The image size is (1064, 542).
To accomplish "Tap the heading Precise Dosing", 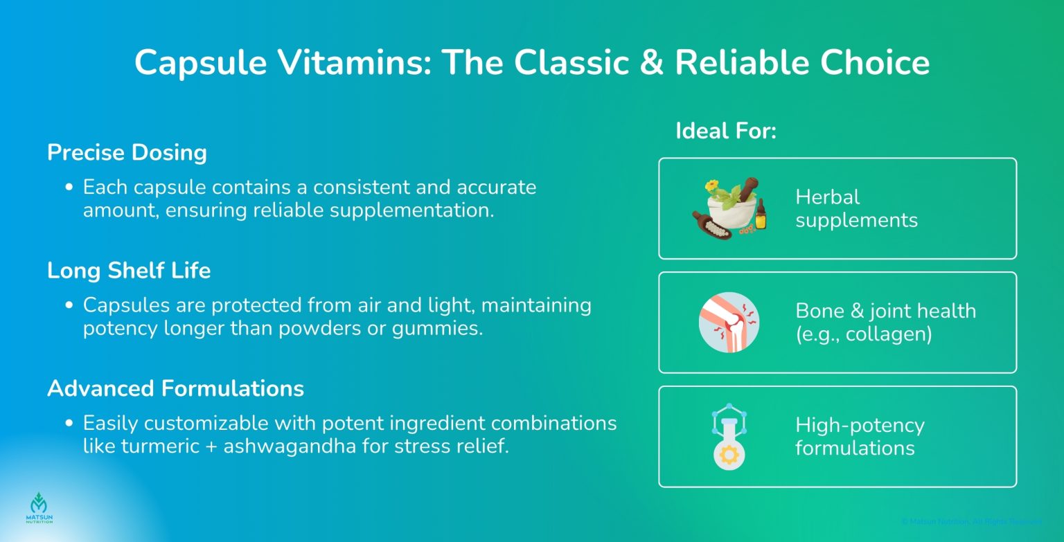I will click(127, 152).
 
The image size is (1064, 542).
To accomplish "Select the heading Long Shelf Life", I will click(129, 270).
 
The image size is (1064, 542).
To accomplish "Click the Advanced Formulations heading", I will click(175, 388).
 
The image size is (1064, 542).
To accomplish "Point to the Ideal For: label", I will click(726, 131).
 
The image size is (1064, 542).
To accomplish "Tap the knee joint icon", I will click(729, 322).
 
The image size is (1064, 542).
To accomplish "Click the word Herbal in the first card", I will click(827, 197).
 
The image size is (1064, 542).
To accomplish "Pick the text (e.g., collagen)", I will click(863, 334).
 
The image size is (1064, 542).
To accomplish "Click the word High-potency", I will click(860, 425).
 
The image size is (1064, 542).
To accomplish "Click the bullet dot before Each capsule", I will click(69, 188).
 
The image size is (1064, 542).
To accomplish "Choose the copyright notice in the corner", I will click(971, 521).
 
